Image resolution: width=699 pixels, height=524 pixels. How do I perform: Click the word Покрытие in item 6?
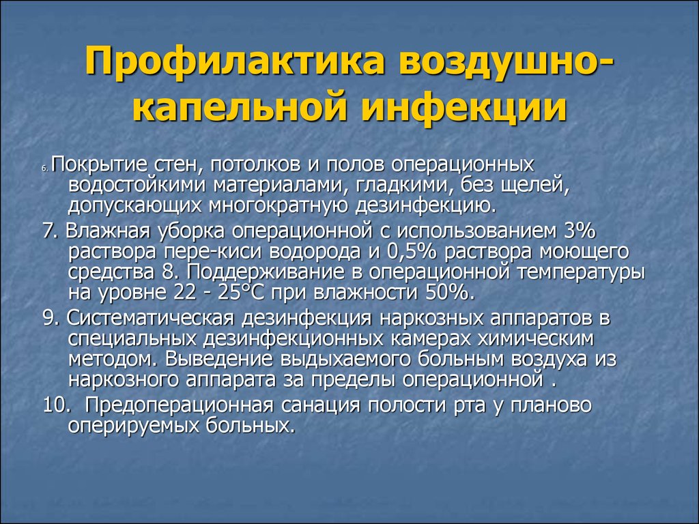point(94,166)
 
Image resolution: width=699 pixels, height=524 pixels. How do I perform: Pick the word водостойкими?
point(137,186)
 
